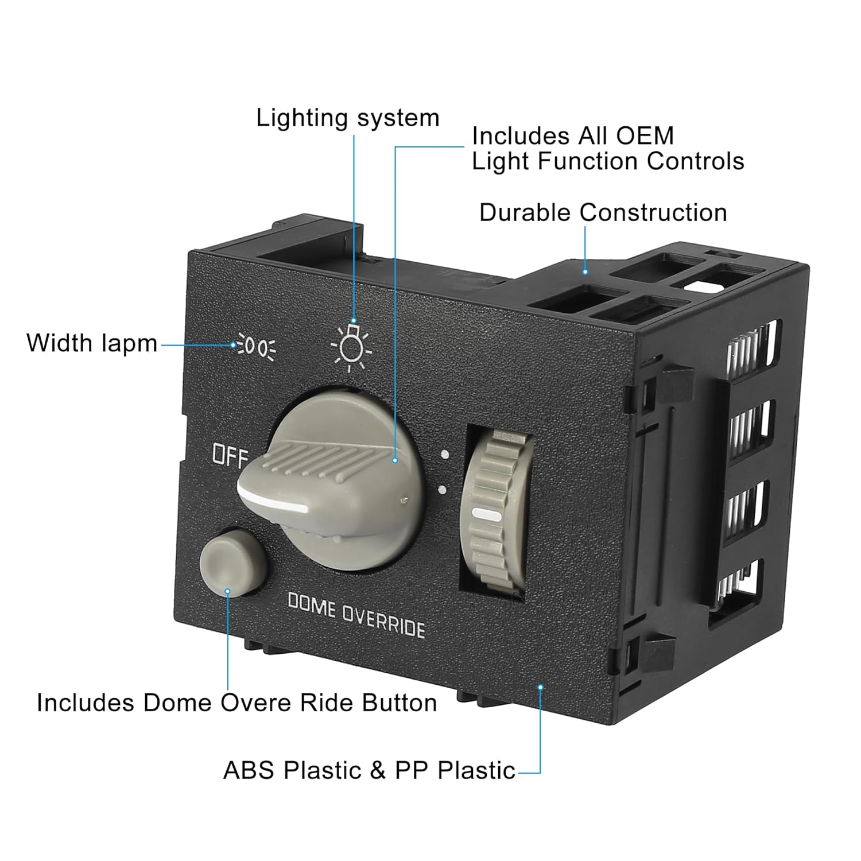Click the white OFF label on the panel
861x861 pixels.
[x=230, y=456]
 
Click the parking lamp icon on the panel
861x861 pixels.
[x=257, y=346]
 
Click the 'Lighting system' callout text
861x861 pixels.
[x=347, y=118]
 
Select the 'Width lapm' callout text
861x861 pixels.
[x=92, y=343]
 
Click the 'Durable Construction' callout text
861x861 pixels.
[x=603, y=212]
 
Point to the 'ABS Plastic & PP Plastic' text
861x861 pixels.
[x=369, y=770]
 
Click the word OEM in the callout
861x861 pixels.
[x=645, y=136]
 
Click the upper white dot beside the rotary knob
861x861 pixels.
[x=444, y=456]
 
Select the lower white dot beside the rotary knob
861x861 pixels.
[x=443, y=490]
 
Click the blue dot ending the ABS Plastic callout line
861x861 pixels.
[x=540, y=687]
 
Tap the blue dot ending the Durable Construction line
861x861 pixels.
[x=585, y=272]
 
